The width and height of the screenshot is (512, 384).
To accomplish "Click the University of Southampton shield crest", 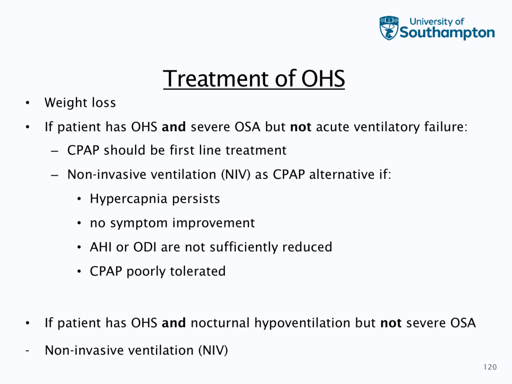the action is (389, 28).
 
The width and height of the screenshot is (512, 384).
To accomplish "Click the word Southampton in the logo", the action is (447, 33).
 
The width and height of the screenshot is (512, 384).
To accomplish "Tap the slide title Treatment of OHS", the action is (254, 79).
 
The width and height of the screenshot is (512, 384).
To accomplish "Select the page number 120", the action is (490, 367).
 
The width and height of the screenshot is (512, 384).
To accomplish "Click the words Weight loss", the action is (80, 103).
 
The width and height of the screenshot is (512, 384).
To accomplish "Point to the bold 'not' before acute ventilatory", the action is (301, 127).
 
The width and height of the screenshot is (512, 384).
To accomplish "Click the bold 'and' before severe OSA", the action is (174, 127).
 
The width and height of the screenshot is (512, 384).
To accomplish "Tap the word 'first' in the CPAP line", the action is (182, 150).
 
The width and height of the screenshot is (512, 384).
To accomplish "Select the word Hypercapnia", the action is (129, 199).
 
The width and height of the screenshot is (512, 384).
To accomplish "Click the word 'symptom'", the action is (139, 223).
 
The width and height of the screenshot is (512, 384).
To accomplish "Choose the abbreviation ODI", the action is (145, 247).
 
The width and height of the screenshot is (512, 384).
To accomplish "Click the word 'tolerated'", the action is (198, 271).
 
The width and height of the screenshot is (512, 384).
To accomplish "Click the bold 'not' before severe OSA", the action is (391, 323).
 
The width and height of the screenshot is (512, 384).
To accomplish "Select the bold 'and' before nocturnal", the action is (174, 323).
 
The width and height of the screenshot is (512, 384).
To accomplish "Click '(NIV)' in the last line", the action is (213, 351).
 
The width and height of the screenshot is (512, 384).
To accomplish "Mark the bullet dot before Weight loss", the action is (27, 103).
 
